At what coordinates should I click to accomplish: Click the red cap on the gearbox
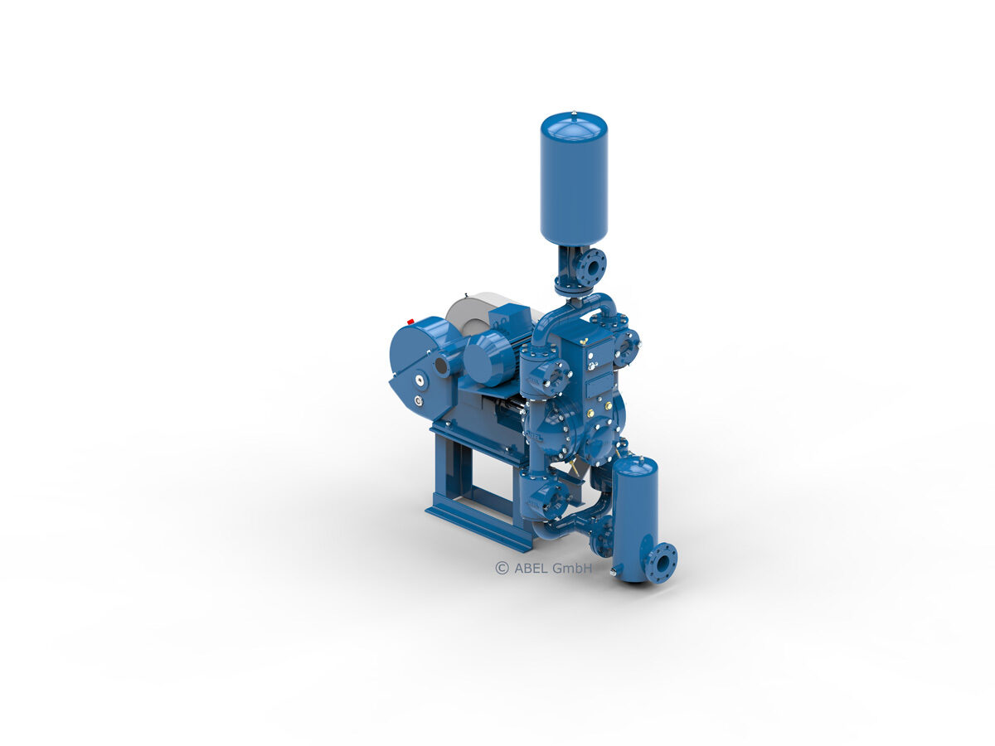tap(410, 322)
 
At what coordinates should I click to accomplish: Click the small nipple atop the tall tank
tap(575, 110)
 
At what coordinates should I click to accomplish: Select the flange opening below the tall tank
tap(593, 269)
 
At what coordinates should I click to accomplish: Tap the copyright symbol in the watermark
tap(502, 568)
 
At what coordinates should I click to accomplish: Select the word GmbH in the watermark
tap(572, 568)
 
